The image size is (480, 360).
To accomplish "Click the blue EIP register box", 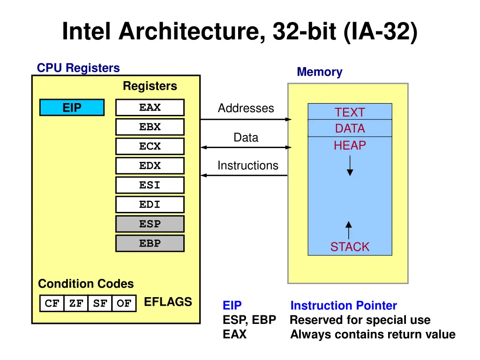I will tap(72, 108).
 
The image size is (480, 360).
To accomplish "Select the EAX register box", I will tap(150, 108).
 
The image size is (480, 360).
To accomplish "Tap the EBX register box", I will tap(150, 127).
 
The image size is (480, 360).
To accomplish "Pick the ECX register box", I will tap(150, 147).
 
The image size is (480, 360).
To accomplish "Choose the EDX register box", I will tap(150, 166).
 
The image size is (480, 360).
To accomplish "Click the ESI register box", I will tap(150, 185).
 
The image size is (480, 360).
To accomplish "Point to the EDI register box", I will tap(150, 205).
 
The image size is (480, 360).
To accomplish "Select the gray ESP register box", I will tap(150, 224).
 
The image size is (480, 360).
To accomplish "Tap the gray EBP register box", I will tap(150, 243).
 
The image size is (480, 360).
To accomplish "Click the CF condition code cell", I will tap(52, 304).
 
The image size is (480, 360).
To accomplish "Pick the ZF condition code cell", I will tap(76, 304).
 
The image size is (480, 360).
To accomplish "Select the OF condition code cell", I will tap(124, 304).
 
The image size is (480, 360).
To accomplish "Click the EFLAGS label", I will tap(168, 302).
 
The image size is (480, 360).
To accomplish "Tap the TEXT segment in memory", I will tap(350, 112).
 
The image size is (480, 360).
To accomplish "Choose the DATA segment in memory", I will tap(350, 128).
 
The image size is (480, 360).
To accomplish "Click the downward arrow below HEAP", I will tap(350, 166).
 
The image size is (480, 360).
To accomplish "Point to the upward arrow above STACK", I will tap(348, 230).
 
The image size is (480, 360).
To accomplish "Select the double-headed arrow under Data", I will tap(246, 147).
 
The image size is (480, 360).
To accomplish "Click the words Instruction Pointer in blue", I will tap(344, 306).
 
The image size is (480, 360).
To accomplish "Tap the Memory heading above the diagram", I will tap(319, 72).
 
